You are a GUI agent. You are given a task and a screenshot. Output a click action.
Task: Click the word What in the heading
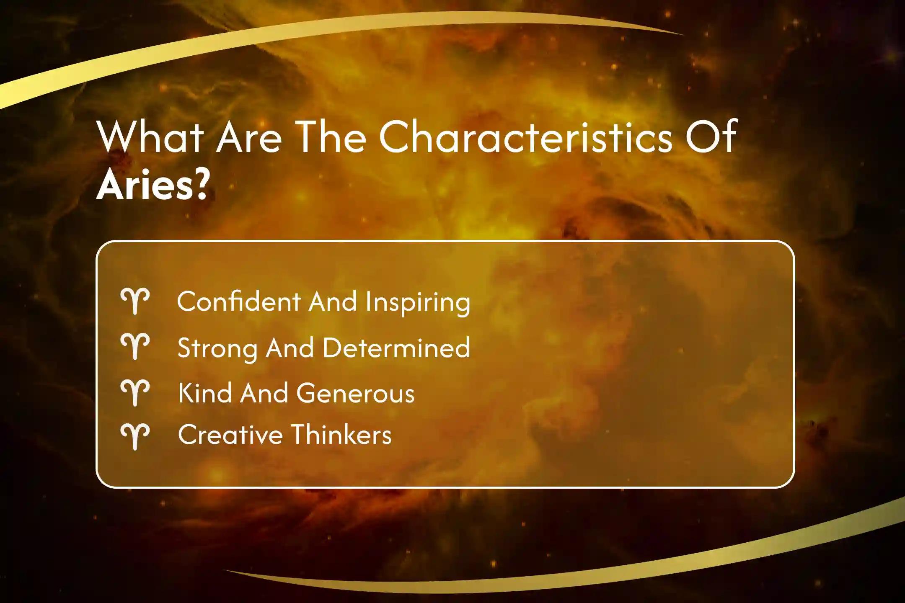click(x=150, y=137)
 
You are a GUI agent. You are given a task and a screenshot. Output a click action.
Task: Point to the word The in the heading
click(x=331, y=137)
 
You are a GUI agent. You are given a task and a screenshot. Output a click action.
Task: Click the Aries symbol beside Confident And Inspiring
click(x=135, y=301)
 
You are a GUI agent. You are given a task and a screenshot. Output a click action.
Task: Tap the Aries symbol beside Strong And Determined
click(x=135, y=346)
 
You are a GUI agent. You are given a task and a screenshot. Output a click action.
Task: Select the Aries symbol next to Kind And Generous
click(x=135, y=393)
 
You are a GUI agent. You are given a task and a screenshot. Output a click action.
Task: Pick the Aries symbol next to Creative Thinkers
click(x=135, y=436)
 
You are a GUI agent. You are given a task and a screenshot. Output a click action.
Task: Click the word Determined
click(x=396, y=347)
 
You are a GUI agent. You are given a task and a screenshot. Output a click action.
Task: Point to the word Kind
click(x=205, y=393)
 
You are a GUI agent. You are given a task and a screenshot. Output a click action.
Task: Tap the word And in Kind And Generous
click(x=264, y=393)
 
